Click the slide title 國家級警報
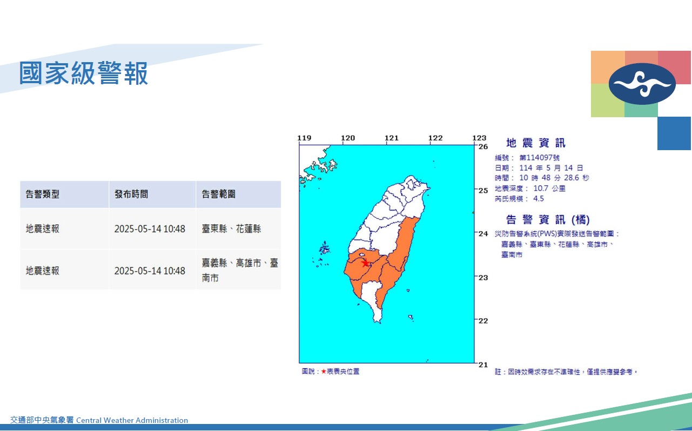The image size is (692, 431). [x=83, y=73]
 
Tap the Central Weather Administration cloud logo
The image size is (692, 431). [x=642, y=84]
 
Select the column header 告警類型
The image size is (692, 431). [x=42, y=194]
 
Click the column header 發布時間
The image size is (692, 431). [x=131, y=194]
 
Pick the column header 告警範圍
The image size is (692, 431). [x=218, y=194]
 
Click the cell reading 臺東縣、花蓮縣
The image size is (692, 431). [x=231, y=228]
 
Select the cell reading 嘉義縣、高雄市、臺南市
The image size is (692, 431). [x=240, y=271]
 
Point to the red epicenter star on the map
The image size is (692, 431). [x=366, y=263]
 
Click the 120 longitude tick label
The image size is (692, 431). [x=348, y=138]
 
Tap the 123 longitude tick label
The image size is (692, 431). [x=479, y=138]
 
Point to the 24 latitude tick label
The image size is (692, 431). [x=483, y=234]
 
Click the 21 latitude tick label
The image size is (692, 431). [x=483, y=365]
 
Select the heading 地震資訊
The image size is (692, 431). [x=536, y=143]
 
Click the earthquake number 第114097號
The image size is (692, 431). [x=539, y=158]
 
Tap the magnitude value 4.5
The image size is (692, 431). [x=539, y=199]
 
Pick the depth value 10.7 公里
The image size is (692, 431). [x=549, y=188]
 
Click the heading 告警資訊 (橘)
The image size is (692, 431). [x=548, y=220]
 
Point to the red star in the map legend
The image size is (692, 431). [x=324, y=372]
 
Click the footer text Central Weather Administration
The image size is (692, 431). [x=132, y=421]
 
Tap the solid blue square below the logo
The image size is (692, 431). [x=674, y=133]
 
